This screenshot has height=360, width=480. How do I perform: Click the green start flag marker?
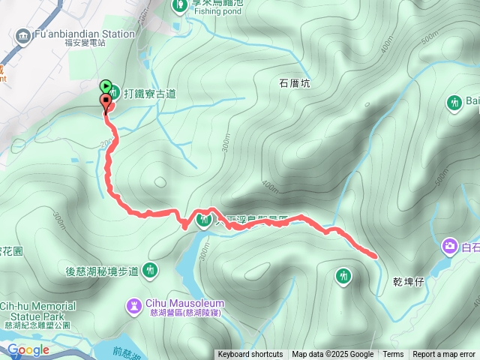[106, 86]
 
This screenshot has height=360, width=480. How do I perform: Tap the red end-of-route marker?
[106, 100]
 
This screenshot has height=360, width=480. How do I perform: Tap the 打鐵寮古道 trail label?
[149, 93]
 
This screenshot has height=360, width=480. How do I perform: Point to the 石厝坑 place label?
[295, 83]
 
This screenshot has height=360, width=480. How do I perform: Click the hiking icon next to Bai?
[454, 101]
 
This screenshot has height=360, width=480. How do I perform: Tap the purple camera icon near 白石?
[450, 245]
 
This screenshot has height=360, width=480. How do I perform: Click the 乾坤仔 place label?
[409, 282]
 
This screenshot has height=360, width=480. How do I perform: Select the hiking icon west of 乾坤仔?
[343, 276]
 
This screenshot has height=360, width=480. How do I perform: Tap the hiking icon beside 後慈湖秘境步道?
[151, 270]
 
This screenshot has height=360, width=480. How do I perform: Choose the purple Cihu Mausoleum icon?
[133, 305]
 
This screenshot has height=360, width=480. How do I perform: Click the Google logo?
[28, 349]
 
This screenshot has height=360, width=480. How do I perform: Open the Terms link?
[393, 355]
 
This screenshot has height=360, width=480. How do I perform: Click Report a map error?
[445, 355]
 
